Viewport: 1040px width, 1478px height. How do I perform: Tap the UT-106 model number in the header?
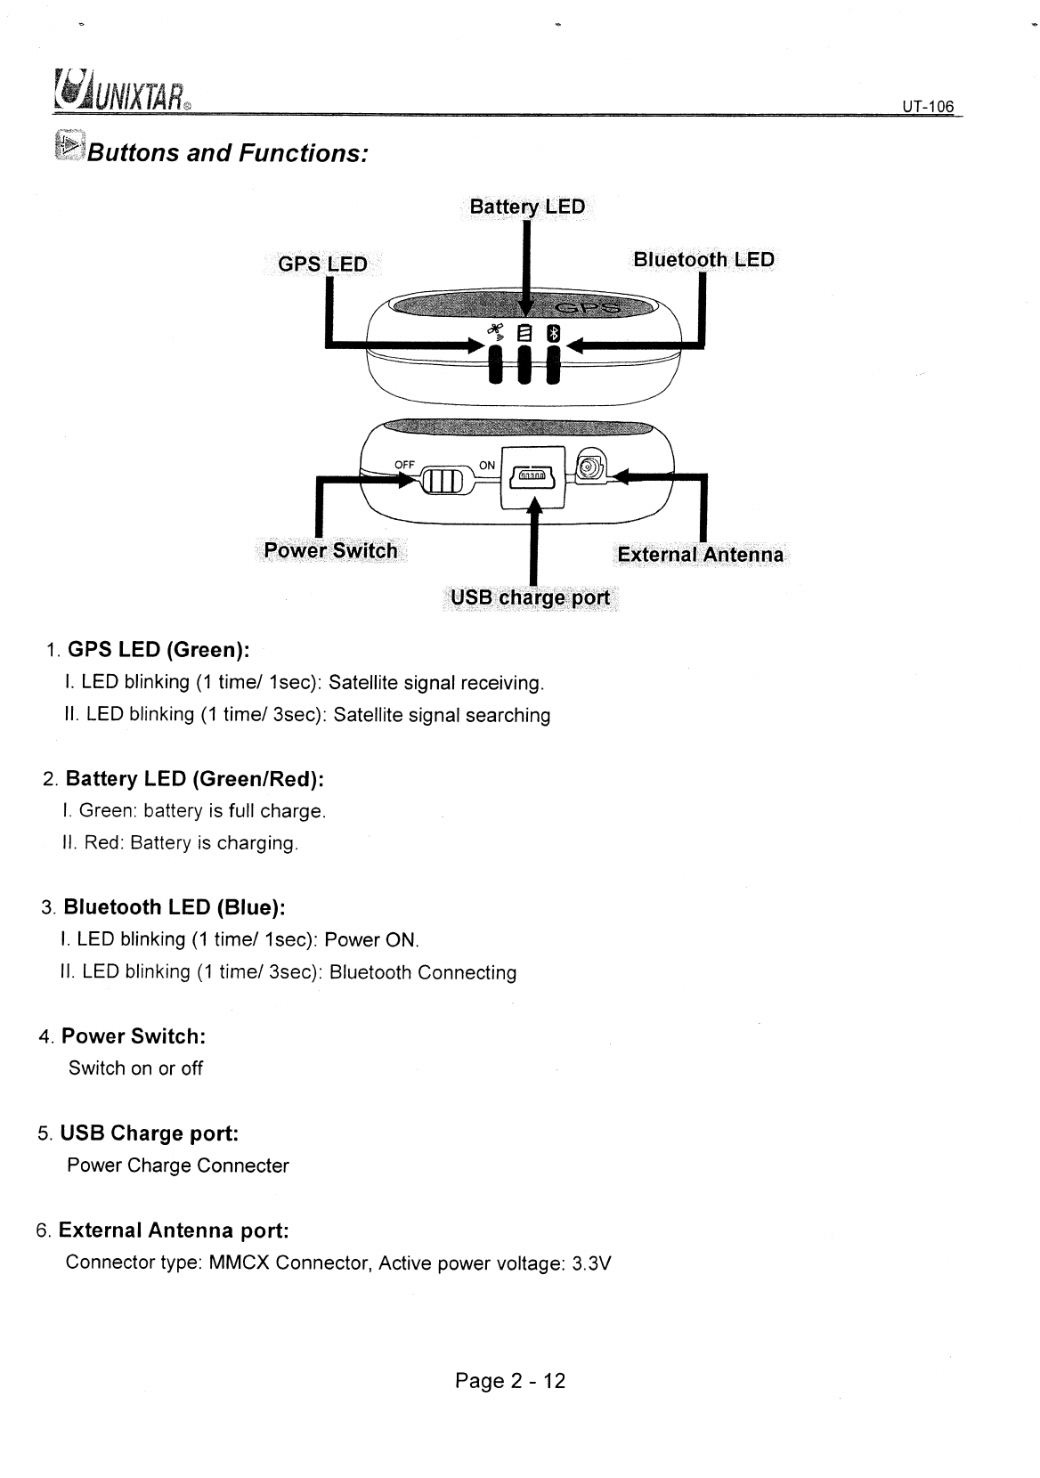click(x=927, y=107)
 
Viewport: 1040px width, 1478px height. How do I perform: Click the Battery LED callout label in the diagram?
click(x=527, y=207)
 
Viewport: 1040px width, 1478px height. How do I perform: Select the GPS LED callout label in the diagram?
click(x=322, y=264)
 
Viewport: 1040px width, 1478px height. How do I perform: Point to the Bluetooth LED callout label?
click(x=703, y=259)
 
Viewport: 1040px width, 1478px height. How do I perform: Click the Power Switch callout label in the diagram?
click(x=330, y=550)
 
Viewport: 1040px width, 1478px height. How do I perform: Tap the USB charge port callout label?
click(x=531, y=597)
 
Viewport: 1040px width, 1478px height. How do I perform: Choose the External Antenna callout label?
click(x=701, y=555)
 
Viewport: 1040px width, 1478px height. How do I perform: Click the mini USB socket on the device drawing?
click(x=532, y=478)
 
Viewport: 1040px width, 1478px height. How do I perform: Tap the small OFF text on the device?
click(x=405, y=464)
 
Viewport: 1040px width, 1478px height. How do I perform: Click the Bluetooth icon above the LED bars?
click(x=554, y=334)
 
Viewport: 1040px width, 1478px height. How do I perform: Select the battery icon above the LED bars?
click(x=525, y=334)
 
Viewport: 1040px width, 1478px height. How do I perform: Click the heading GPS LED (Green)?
click(x=158, y=649)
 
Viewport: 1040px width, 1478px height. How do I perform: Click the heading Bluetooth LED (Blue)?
click(x=175, y=907)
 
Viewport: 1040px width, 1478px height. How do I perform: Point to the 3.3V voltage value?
click(x=592, y=1263)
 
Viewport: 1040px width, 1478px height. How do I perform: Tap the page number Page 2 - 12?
click(x=510, y=1381)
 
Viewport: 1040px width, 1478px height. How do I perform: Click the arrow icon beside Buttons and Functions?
click(x=68, y=145)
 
